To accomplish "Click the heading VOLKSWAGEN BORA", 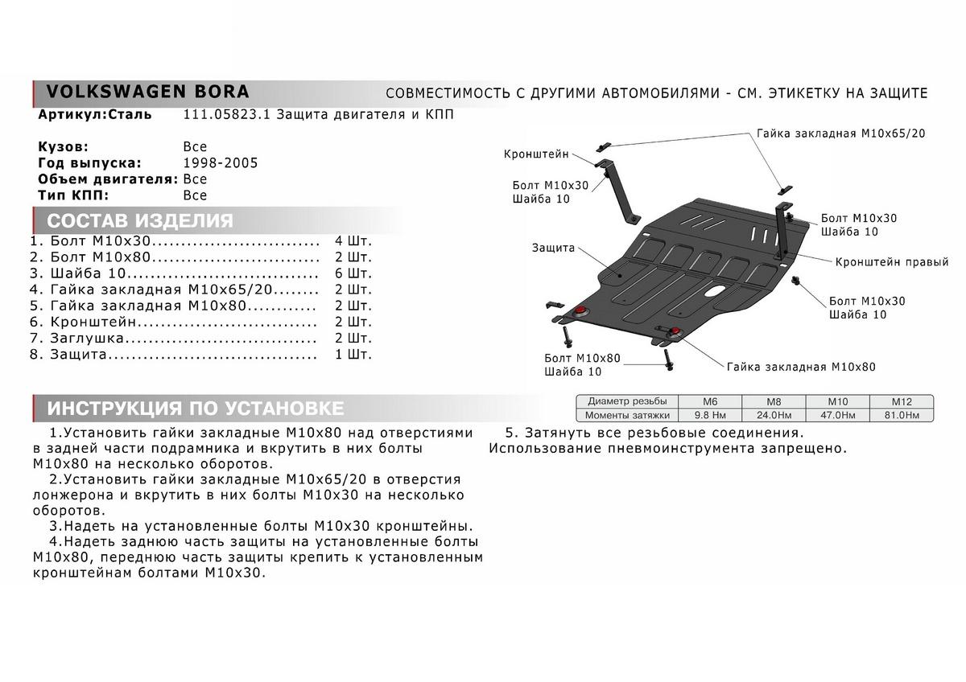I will [147, 91].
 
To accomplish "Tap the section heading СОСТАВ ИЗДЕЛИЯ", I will [140, 221].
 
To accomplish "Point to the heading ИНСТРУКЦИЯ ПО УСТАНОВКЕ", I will [196, 408].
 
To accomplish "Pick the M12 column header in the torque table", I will [900, 401].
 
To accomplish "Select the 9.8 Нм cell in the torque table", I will [710, 415].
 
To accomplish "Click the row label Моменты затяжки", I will [627, 415].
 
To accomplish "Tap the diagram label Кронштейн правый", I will [891, 262].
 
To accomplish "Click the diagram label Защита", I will [553, 248].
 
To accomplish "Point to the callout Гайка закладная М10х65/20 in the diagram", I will [840, 134].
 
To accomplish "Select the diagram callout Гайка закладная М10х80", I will [800, 367].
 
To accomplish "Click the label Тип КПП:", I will [72, 195].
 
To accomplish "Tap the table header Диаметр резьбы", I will [627, 401].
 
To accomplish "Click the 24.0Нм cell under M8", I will [773, 415].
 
